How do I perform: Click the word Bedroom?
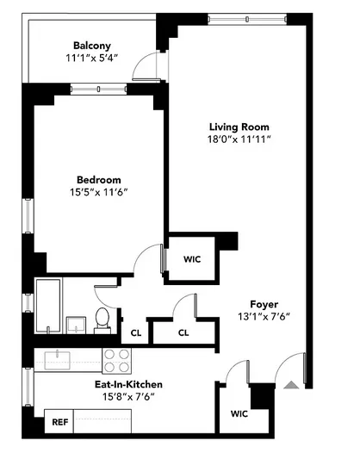pyautogui.click(x=98, y=179)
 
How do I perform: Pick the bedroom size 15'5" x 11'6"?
pyautogui.click(x=98, y=194)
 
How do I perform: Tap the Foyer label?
pyautogui.click(x=264, y=303)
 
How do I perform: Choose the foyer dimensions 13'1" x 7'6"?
pyautogui.click(x=264, y=317)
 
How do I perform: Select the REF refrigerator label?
pyautogui.click(x=59, y=423)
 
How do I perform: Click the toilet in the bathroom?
pyautogui.click(x=102, y=318)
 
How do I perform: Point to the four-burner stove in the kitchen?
pyautogui.click(x=117, y=358)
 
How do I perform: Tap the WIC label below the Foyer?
pyautogui.click(x=239, y=413)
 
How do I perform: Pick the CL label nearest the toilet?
pyautogui.click(x=136, y=332)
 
